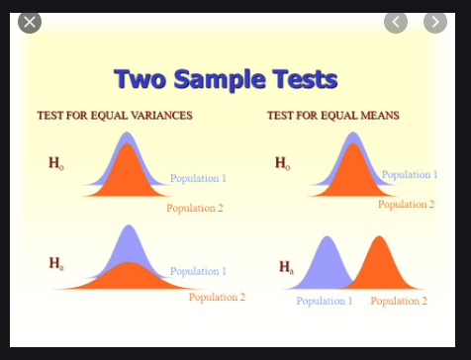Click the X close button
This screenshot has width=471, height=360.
(30, 21)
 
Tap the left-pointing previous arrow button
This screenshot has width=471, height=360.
(396, 21)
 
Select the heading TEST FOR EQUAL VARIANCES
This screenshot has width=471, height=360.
(115, 116)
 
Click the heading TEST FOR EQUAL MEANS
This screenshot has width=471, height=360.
(332, 116)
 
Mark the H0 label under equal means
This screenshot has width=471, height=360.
(283, 163)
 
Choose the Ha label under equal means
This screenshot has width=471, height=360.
(286, 266)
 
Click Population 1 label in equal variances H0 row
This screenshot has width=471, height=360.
(198, 178)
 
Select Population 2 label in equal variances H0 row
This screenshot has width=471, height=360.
(195, 208)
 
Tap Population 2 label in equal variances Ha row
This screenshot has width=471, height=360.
(217, 297)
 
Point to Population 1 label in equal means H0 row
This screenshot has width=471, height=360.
(410, 175)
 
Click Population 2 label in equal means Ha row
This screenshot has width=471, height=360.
(399, 301)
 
